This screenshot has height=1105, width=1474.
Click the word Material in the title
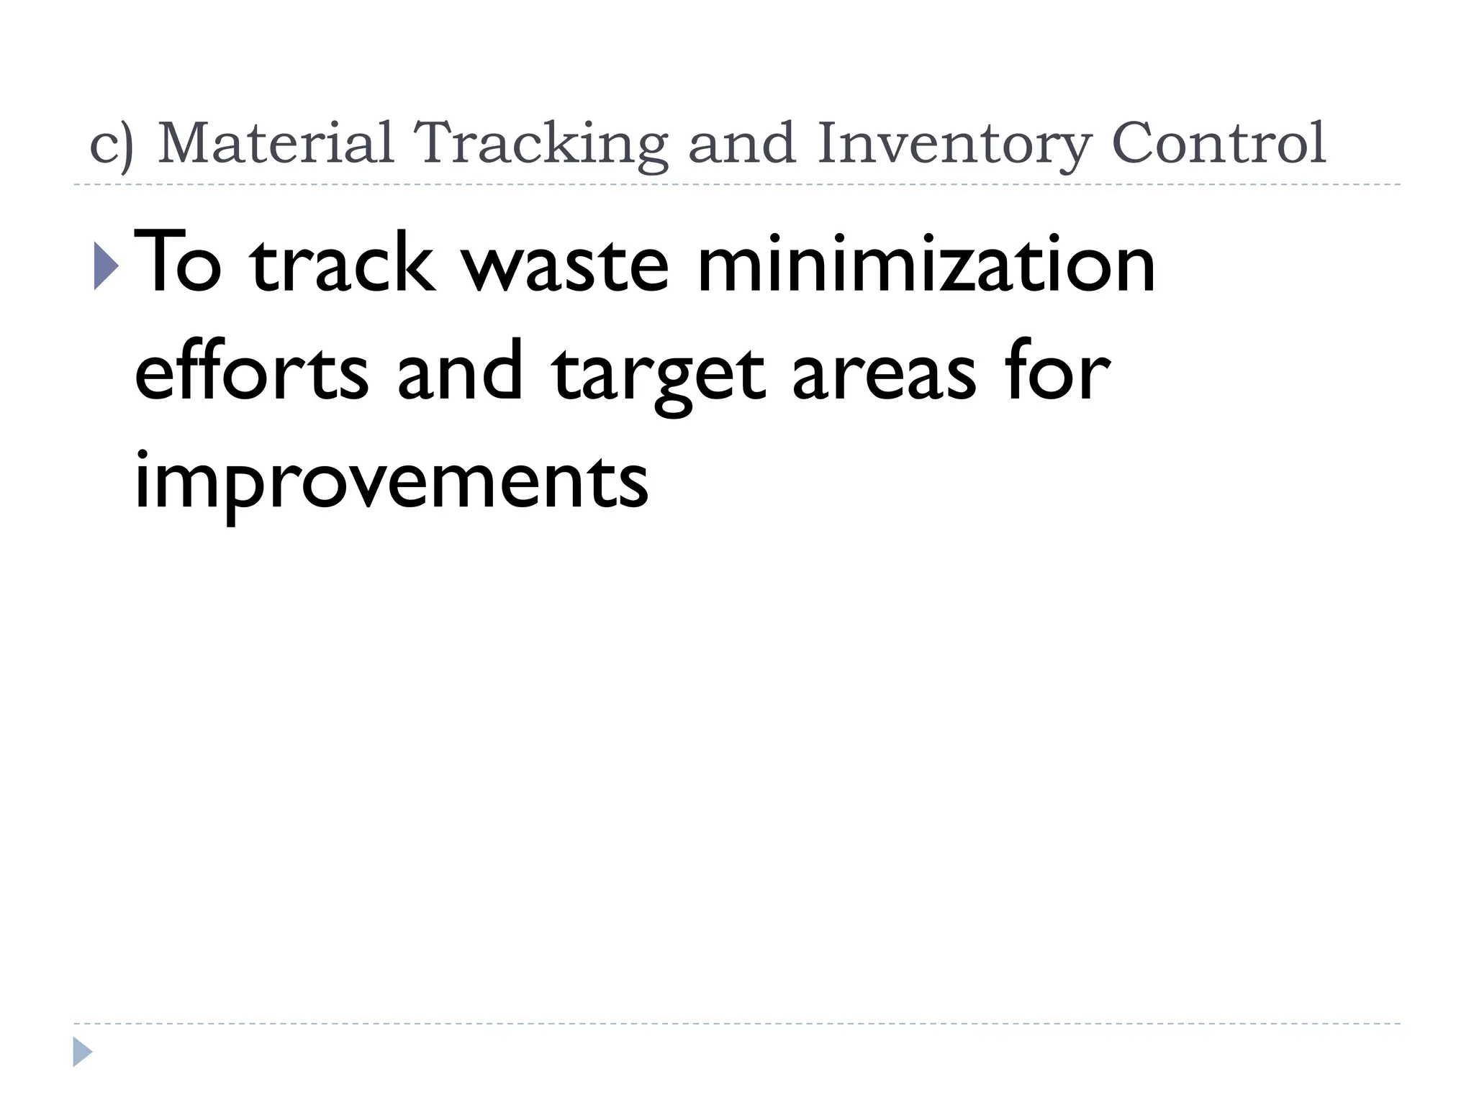coord(276,142)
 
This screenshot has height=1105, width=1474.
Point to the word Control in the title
coord(1218,142)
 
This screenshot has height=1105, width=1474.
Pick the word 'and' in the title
coord(742,142)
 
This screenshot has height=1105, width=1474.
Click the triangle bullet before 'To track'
coord(106,265)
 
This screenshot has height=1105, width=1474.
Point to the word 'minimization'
coord(926,262)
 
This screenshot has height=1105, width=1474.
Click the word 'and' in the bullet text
coord(460,371)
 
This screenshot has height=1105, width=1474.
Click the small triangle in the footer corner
coord(82,1052)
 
